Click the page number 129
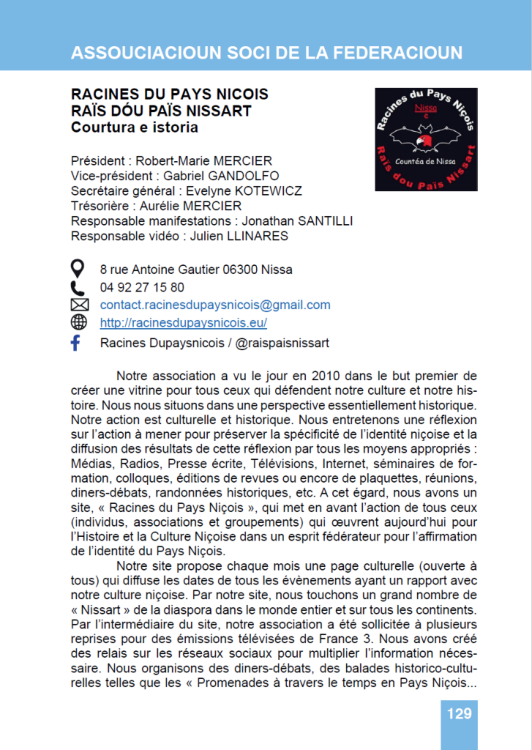point(459,713)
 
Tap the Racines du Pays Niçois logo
point(426,140)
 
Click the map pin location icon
point(78,269)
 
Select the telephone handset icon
point(78,287)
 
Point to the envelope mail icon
point(78,305)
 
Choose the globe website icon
point(78,322)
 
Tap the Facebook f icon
point(75,343)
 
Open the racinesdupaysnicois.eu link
point(183,323)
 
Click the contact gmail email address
point(215,305)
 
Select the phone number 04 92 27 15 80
point(142,287)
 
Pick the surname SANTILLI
point(324,221)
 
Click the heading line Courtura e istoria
point(134,127)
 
